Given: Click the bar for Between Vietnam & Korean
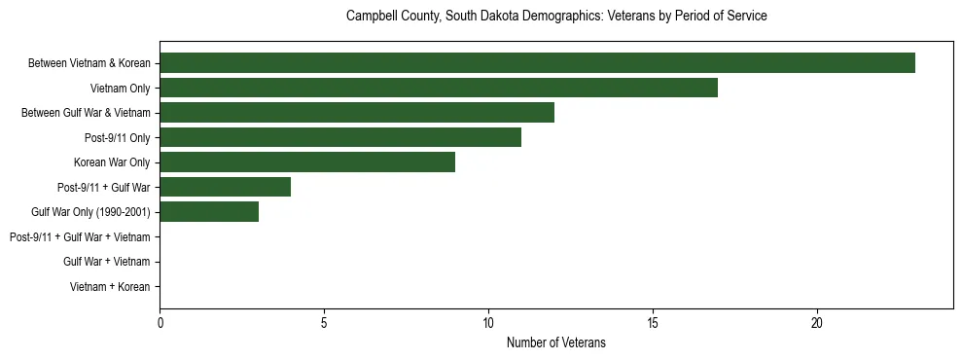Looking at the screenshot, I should click(x=537, y=63).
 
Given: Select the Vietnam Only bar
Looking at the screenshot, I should click(x=439, y=88).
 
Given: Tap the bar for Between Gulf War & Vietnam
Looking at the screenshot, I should click(x=357, y=113).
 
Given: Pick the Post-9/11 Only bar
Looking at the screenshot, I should click(x=340, y=137).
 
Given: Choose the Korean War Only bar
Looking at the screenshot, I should click(x=307, y=162).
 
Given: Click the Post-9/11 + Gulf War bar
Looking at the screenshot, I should click(x=226, y=187).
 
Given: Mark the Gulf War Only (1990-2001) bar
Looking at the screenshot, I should click(x=209, y=212).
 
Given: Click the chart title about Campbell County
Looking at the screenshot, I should click(x=556, y=17).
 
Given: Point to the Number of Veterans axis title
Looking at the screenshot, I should click(x=556, y=342).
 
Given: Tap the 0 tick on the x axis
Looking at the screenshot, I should click(x=160, y=322).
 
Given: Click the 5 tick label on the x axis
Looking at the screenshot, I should click(x=324, y=322).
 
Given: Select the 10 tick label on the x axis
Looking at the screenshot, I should click(x=488, y=322).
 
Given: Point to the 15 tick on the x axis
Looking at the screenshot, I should click(x=653, y=322).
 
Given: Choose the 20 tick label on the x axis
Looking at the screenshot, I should click(x=817, y=322).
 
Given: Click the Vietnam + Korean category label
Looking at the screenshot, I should click(x=110, y=287).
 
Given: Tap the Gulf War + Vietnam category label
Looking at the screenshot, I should click(x=106, y=262).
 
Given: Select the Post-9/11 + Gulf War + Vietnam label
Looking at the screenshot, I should click(x=80, y=236).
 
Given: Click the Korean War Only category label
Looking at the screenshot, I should click(x=112, y=162).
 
